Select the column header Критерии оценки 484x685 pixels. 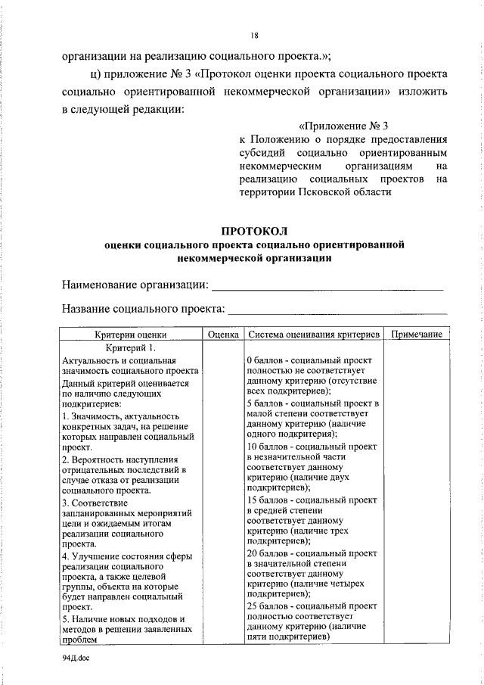[130, 335]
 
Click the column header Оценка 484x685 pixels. [223, 335]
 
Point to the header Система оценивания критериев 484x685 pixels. [312, 335]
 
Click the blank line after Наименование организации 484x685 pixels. [327, 285]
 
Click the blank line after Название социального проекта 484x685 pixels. [337, 310]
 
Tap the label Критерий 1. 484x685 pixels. [130, 347]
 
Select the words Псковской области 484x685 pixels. [349, 192]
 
